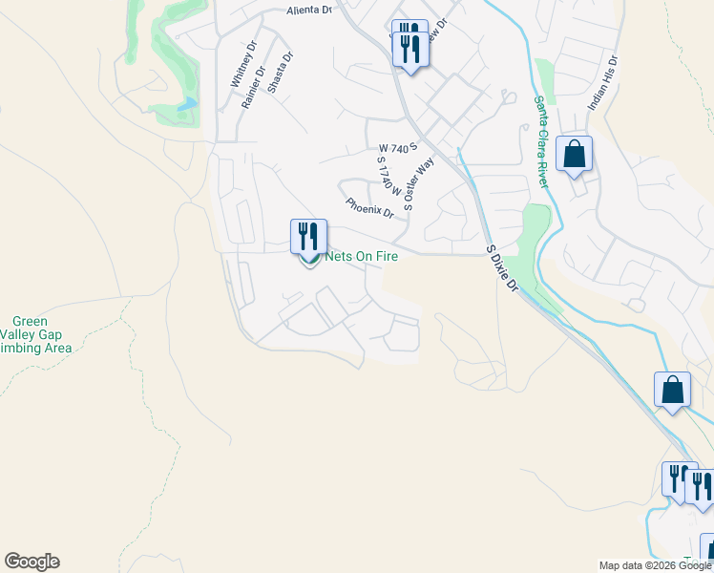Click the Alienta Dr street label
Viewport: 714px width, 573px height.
coord(308,11)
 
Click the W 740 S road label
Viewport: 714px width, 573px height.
coord(399,149)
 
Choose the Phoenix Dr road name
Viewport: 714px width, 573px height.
coord(370,206)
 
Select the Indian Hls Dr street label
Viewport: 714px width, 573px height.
coord(603,82)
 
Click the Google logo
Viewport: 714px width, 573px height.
coord(31,562)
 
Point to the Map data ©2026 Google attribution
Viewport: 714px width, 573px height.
coord(655,565)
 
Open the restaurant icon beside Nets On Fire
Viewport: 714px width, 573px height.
coord(308,235)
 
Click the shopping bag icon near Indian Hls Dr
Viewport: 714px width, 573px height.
coord(574,154)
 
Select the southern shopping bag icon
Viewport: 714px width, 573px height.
coord(672,390)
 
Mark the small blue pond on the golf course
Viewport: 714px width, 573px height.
coord(187,103)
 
